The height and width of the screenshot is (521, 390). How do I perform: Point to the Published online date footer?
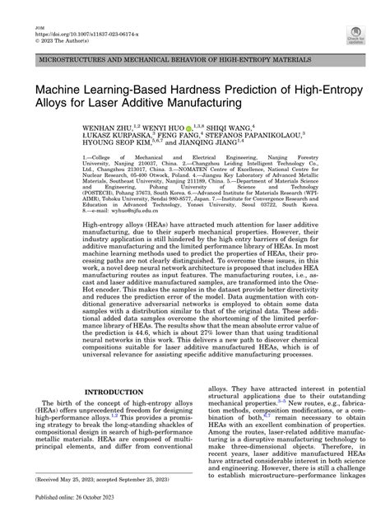point(69,509)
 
